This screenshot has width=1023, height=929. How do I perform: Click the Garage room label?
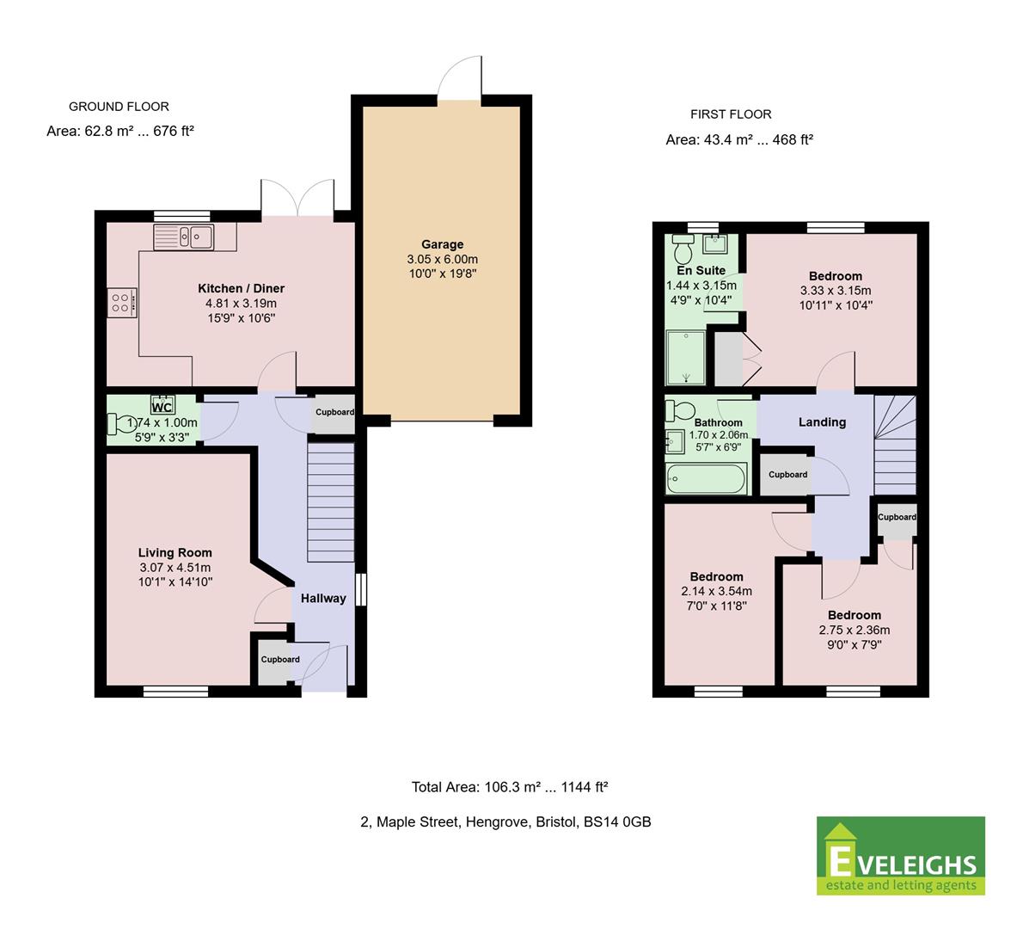tap(443, 244)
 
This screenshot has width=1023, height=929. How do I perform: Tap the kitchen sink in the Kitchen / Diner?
tap(183, 237)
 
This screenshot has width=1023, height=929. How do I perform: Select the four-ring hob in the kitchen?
tap(122, 303)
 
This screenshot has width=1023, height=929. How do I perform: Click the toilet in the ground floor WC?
tap(120, 424)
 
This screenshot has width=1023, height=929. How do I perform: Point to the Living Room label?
tap(175, 552)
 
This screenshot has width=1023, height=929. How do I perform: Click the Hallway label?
tap(323, 598)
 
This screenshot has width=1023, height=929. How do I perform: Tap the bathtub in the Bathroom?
tap(706, 478)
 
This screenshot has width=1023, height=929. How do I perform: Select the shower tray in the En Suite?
tap(686, 357)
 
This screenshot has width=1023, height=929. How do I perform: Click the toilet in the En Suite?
tap(683, 248)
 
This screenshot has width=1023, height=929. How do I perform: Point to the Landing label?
tap(822, 421)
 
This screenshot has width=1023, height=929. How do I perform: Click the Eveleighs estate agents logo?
tap(901, 855)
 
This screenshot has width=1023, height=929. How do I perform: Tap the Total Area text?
tap(510, 787)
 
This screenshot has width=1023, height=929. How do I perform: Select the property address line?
tap(505, 822)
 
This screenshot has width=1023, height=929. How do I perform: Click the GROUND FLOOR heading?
tap(119, 107)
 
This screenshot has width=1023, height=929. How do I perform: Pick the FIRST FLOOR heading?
tap(731, 114)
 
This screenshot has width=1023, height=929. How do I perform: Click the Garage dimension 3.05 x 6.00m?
tap(443, 259)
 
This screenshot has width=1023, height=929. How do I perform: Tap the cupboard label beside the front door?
tap(280, 660)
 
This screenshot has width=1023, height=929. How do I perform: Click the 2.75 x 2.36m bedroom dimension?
tap(855, 630)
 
